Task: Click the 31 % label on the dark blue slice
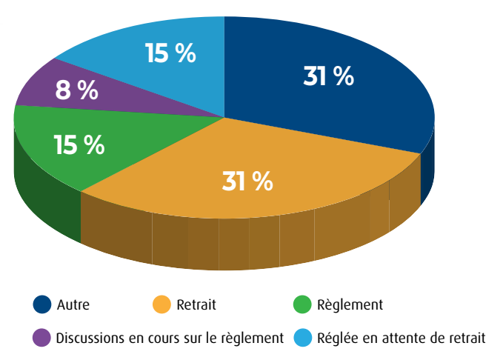pyautogui.click(x=328, y=76)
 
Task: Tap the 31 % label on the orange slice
pyautogui.click(x=247, y=181)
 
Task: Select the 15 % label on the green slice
pyautogui.click(x=79, y=144)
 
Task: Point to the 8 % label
pyautogui.click(x=76, y=90)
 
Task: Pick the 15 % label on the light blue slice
pyautogui.click(x=170, y=53)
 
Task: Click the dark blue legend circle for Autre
pyautogui.click(x=42, y=304)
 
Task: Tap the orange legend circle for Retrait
pyautogui.click(x=162, y=304)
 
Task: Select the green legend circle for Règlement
pyautogui.click(x=302, y=304)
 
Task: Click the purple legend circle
pyautogui.click(x=42, y=338)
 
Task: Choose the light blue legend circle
pyautogui.click(x=302, y=338)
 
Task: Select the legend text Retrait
pyautogui.click(x=196, y=304)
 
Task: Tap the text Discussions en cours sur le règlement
pyautogui.click(x=170, y=339)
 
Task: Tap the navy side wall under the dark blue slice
pyautogui.click(x=427, y=174)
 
